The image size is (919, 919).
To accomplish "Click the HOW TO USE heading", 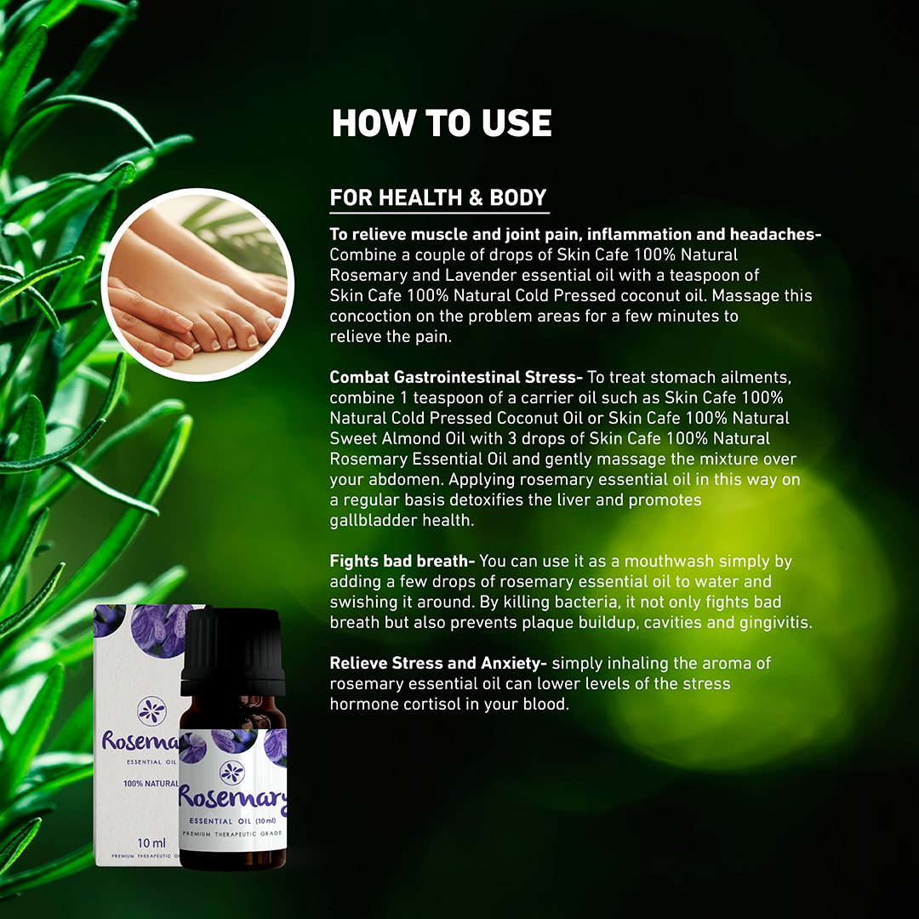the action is (x=442, y=123).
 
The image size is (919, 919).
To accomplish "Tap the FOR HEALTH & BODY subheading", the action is (x=438, y=197).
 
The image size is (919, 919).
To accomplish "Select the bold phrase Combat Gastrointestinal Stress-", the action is (x=456, y=377).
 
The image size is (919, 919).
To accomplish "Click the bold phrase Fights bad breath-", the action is (x=402, y=561).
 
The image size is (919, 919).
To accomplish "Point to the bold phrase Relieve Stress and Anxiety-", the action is (x=438, y=663).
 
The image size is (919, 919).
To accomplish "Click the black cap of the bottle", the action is (x=232, y=651).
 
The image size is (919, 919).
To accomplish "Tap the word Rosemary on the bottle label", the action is (x=232, y=797).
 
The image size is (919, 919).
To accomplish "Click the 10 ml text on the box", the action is (x=151, y=842).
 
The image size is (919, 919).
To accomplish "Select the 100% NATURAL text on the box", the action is (x=151, y=784).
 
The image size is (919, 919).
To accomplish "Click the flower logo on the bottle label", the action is (x=231, y=772).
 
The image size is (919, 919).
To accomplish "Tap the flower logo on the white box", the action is (x=151, y=711).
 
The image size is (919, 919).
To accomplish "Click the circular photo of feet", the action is (x=197, y=285).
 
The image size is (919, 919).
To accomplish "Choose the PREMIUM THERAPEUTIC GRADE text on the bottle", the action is (x=232, y=833).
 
